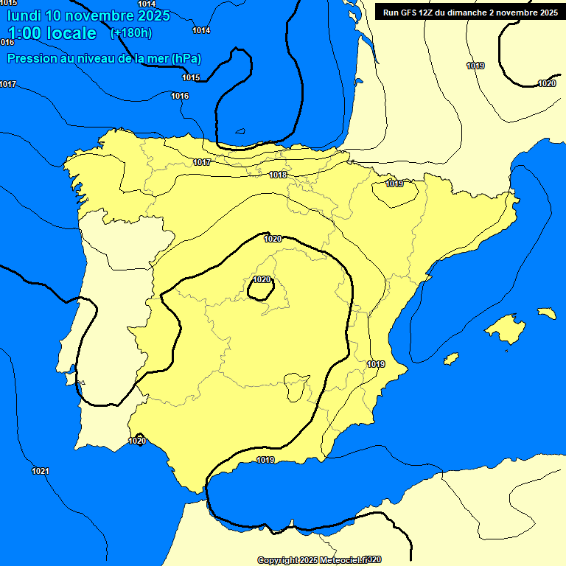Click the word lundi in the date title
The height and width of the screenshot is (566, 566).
pyautogui.click(x=24, y=15)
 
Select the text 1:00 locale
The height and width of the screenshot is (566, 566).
pyautogui.click(x=52, y=33)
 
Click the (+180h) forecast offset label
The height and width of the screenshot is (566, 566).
pyautogui.click(x=130, y=33)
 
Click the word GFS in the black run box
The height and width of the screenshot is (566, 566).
pyautogui.click(x=410, y=13)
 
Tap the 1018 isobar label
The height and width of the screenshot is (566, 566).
pyautogui.click(x=278, y=175)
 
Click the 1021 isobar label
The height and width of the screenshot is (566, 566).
pyautogui.click(x=41, y=471)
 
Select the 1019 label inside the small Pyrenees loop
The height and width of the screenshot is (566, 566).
pyautogui.click(x=394, y=184)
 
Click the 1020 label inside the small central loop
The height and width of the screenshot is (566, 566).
pyautogui.click(x=262, y=279)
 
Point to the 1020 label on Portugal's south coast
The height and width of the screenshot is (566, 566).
pyautogui.click(x=136, y=441)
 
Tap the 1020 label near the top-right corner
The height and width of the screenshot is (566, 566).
pyautogui.click(x=547, y=83)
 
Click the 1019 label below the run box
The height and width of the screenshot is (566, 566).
pyautogui.click(x=475, y=66)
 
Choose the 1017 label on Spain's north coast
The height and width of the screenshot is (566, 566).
pyautogui.click(x=202, y=162)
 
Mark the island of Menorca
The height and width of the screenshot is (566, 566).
pyautogui.click(x=546, y=313)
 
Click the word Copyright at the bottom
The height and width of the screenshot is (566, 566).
pyautogui.click(x=277, y=560)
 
